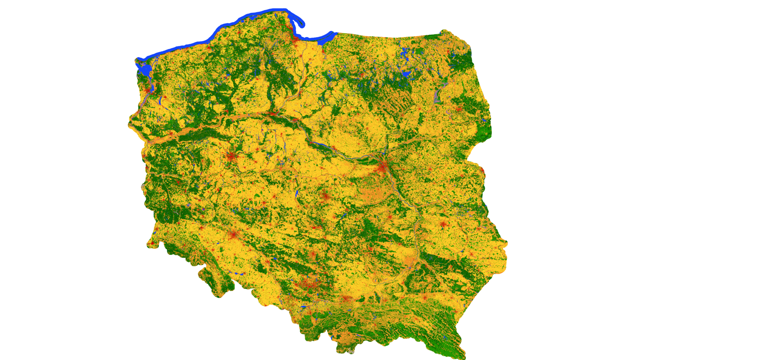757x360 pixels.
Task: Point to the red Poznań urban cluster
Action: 231,157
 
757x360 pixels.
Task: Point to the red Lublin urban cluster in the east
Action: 443,224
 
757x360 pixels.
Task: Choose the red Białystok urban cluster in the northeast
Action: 459,109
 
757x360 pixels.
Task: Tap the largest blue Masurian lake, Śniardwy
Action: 406,74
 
